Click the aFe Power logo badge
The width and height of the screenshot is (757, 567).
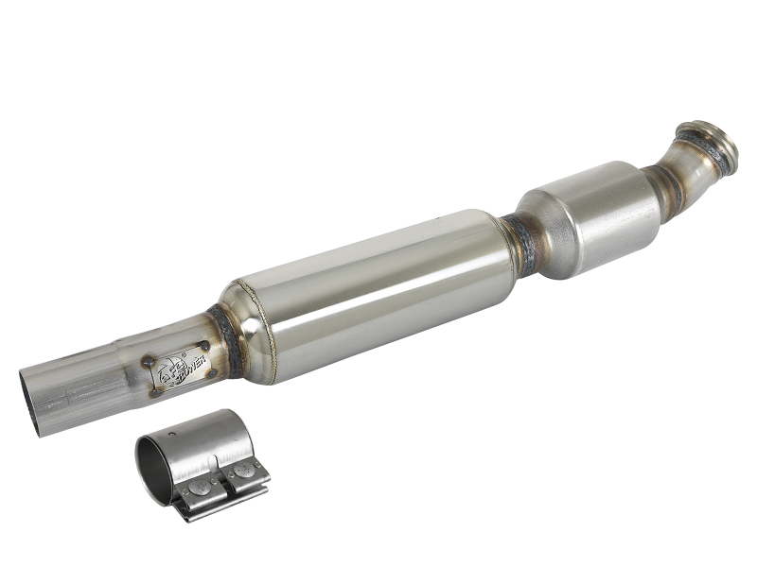(x=178, y=367)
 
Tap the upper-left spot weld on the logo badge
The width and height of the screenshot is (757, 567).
(x=149, y=360)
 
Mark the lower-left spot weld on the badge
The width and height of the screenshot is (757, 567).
(x=155, y=389)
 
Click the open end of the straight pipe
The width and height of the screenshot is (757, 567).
(x=30, y=402)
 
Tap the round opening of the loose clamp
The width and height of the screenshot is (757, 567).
(x=153, y=468)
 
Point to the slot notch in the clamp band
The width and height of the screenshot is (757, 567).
(x=219, y=460)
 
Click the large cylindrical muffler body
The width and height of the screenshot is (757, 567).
(x=369, y=293)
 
